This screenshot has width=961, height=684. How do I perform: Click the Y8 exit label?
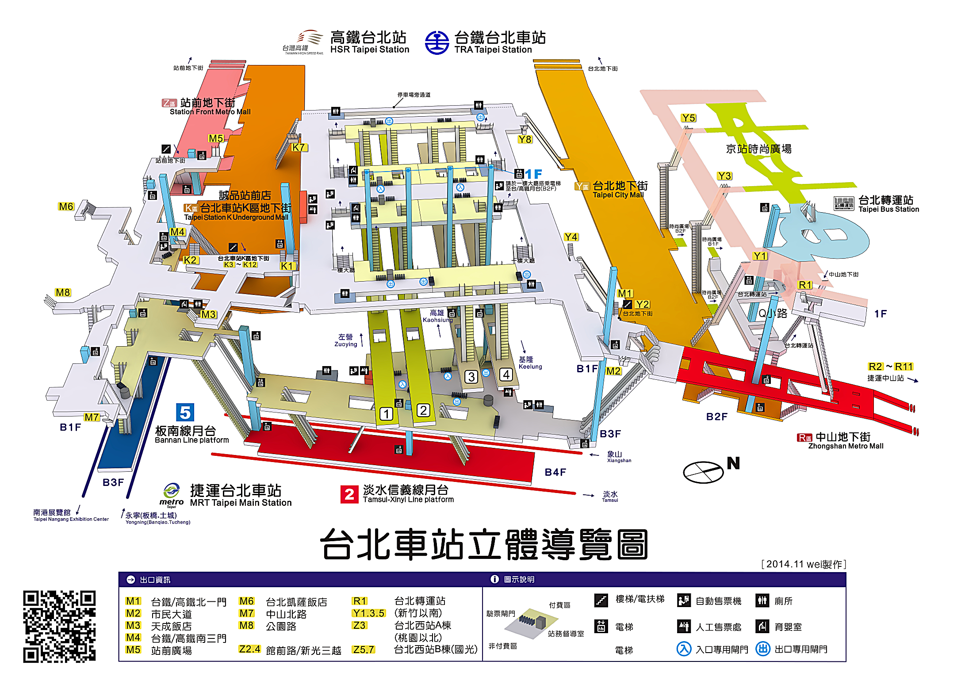click(x=525, y=139)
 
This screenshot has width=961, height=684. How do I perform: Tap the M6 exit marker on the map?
click(x=66, y=206)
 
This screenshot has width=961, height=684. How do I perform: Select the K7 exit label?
click(x=299, y=147)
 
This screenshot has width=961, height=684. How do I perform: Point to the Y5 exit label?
click(x=688, y=118)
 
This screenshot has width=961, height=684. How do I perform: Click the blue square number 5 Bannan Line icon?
click(x=185, y=413)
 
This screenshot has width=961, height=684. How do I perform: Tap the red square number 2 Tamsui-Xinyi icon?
click(x=349, y=494)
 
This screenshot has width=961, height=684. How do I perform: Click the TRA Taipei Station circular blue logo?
click(x=436, y=43)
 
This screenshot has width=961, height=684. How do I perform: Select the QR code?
click(x=59, y=627)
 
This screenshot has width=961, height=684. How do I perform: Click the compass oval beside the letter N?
click(x=703, y=472)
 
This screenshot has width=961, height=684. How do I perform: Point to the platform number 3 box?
click(x=471, y=377)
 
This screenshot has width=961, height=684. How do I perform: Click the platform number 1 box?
click(x=386, y=414)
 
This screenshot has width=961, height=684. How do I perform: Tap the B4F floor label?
click(x=555, y=472)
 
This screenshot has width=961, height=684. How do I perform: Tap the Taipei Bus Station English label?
click(x=888, y=209)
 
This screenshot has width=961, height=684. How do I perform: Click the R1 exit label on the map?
click(x=805, y=285)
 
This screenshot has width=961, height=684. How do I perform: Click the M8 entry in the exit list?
click(x=246, y=626)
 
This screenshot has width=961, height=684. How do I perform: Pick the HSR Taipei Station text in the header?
click(x=370, y=50)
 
